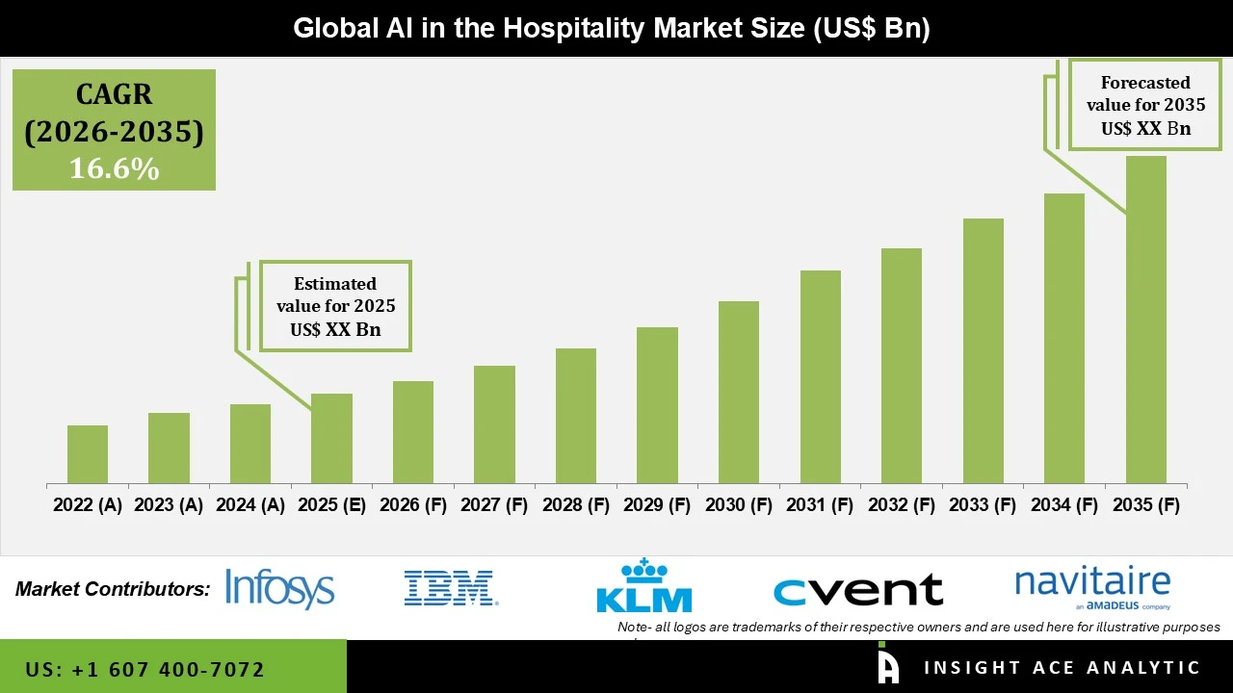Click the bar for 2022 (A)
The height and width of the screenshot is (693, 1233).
[x=88, y=454]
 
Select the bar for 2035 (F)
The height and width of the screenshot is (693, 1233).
[x=1145, y=320]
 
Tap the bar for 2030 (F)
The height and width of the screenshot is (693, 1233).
[x=738, y=393]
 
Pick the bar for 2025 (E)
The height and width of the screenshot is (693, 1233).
[x=331, y=439]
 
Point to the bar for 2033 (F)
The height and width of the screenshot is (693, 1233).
[x=983, y=351]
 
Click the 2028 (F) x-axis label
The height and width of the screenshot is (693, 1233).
[x=576, y=505]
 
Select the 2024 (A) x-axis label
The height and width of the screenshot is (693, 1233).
[x=250, y=505]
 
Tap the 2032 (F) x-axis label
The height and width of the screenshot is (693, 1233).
[x=902, y=505]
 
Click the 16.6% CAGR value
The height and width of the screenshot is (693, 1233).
[x=114, y=169]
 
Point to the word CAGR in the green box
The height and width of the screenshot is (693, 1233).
[x=114, y=95]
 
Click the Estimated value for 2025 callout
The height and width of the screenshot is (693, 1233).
[x=335, y=306]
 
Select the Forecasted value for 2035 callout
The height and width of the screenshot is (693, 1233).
[x=1145, y=105]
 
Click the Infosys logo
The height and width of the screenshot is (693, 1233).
[x=279, y=588]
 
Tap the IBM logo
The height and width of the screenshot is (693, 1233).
[x=450, y=588]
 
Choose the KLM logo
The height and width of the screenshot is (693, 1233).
[x=644, y=586]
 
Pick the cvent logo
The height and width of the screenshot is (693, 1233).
[x=857, y=589]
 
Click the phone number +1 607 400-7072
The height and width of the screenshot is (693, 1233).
[x=144, y=669]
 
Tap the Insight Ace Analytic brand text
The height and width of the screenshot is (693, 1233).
[x=1062, y=668]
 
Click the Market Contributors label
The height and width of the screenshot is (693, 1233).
[x=113, y=589]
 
